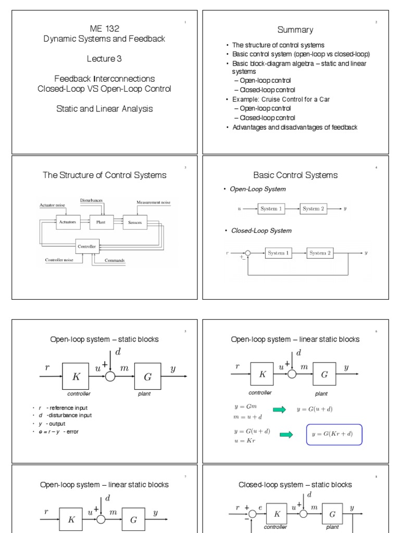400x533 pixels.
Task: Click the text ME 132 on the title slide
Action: [104, 29]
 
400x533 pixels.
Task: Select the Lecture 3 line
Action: [104, 59]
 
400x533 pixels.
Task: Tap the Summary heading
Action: [295, 30]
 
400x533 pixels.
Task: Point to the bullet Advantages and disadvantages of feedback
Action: [295, 127]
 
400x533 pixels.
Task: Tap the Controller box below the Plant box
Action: [86, 246]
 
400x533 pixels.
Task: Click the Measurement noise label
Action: [153, 202]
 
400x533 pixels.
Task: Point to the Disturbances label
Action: [92, 200]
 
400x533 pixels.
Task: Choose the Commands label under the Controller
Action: [114, 260]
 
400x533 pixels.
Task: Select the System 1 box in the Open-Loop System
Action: [272, 209]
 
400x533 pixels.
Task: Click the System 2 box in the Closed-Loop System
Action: [320, 253]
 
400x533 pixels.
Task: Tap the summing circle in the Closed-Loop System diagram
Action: [248, 253]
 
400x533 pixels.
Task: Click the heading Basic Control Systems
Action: [295, 175]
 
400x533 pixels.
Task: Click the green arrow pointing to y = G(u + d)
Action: [279, 410]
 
